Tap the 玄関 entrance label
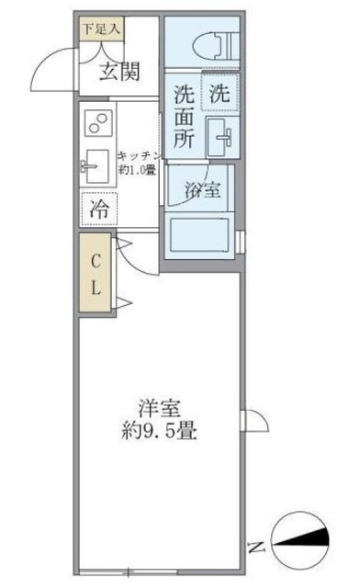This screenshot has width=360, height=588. (119, 72)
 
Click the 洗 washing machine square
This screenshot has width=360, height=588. (220, 93)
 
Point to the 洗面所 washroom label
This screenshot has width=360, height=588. (184, 117)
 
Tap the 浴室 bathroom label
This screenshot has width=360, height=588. (201, 190)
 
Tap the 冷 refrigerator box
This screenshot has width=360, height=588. (99, 209)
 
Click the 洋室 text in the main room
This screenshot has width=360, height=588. (158, 407)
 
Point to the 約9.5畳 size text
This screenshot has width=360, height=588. (158, 429)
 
